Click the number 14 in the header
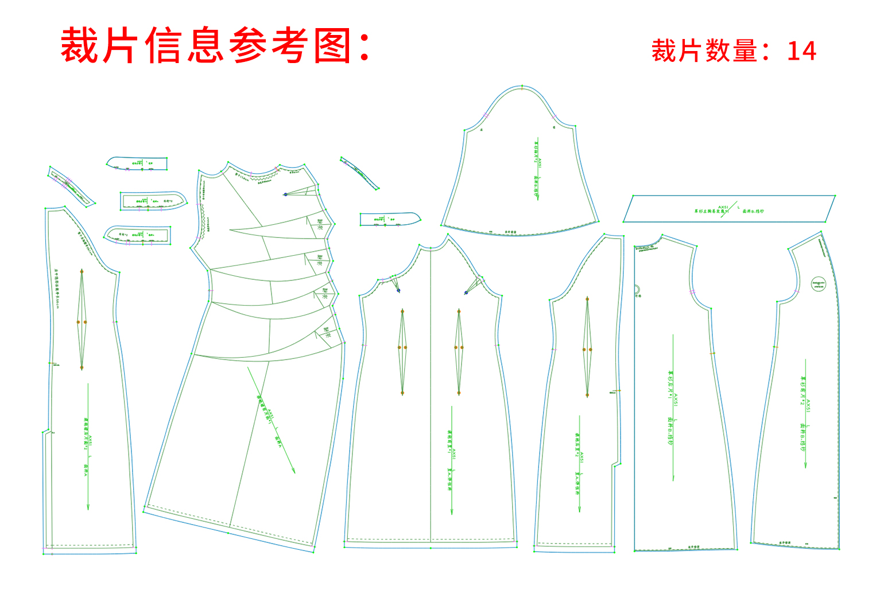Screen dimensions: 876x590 tap(801, 51)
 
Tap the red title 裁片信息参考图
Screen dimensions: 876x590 tap(215, 46)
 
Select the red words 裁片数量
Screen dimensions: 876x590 tap(704, 51)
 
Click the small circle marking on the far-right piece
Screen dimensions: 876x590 tap(819, 283)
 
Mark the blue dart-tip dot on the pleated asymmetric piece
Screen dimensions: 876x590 tap(285, 194)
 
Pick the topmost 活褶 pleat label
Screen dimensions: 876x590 tap(320, 225)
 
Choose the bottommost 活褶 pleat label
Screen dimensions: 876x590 tap(327, 332)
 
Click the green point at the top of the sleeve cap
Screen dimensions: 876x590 tap(522, 87)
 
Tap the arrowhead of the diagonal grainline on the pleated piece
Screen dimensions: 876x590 tap(293, 471)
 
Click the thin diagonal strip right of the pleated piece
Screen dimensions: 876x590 tap(359, 172)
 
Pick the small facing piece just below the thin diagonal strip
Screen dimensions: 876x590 tap(389, 219)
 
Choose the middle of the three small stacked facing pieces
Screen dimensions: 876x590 tap(152, 201)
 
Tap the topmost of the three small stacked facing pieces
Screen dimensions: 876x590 tap(138, 163)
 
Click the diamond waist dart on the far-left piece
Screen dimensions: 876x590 tap(82, 320)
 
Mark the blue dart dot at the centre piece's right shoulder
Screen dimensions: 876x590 tap(466, 293)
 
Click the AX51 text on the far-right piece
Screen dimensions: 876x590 tap(808, 407)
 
